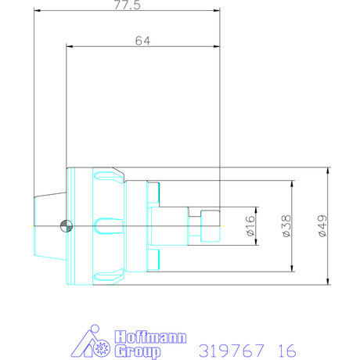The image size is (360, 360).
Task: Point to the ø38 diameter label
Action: pyautogui.click(x=286, y=225)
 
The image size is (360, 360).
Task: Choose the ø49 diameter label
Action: pyautogui.click(x=321, y=225)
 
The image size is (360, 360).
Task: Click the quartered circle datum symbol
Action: pyautogui.click(x=66, y=226)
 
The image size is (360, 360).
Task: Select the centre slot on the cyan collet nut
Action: pyautogui.click(x=101, y=226)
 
